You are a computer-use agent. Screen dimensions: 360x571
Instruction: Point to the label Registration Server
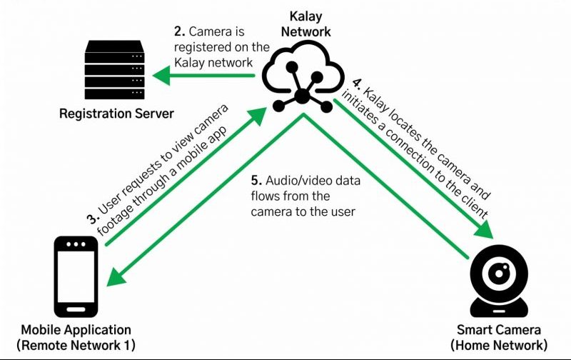pos(116,114)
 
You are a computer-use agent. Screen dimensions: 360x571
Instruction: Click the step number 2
pos(178,32)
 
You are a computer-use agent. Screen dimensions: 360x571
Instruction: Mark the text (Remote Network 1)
pos(76,345)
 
